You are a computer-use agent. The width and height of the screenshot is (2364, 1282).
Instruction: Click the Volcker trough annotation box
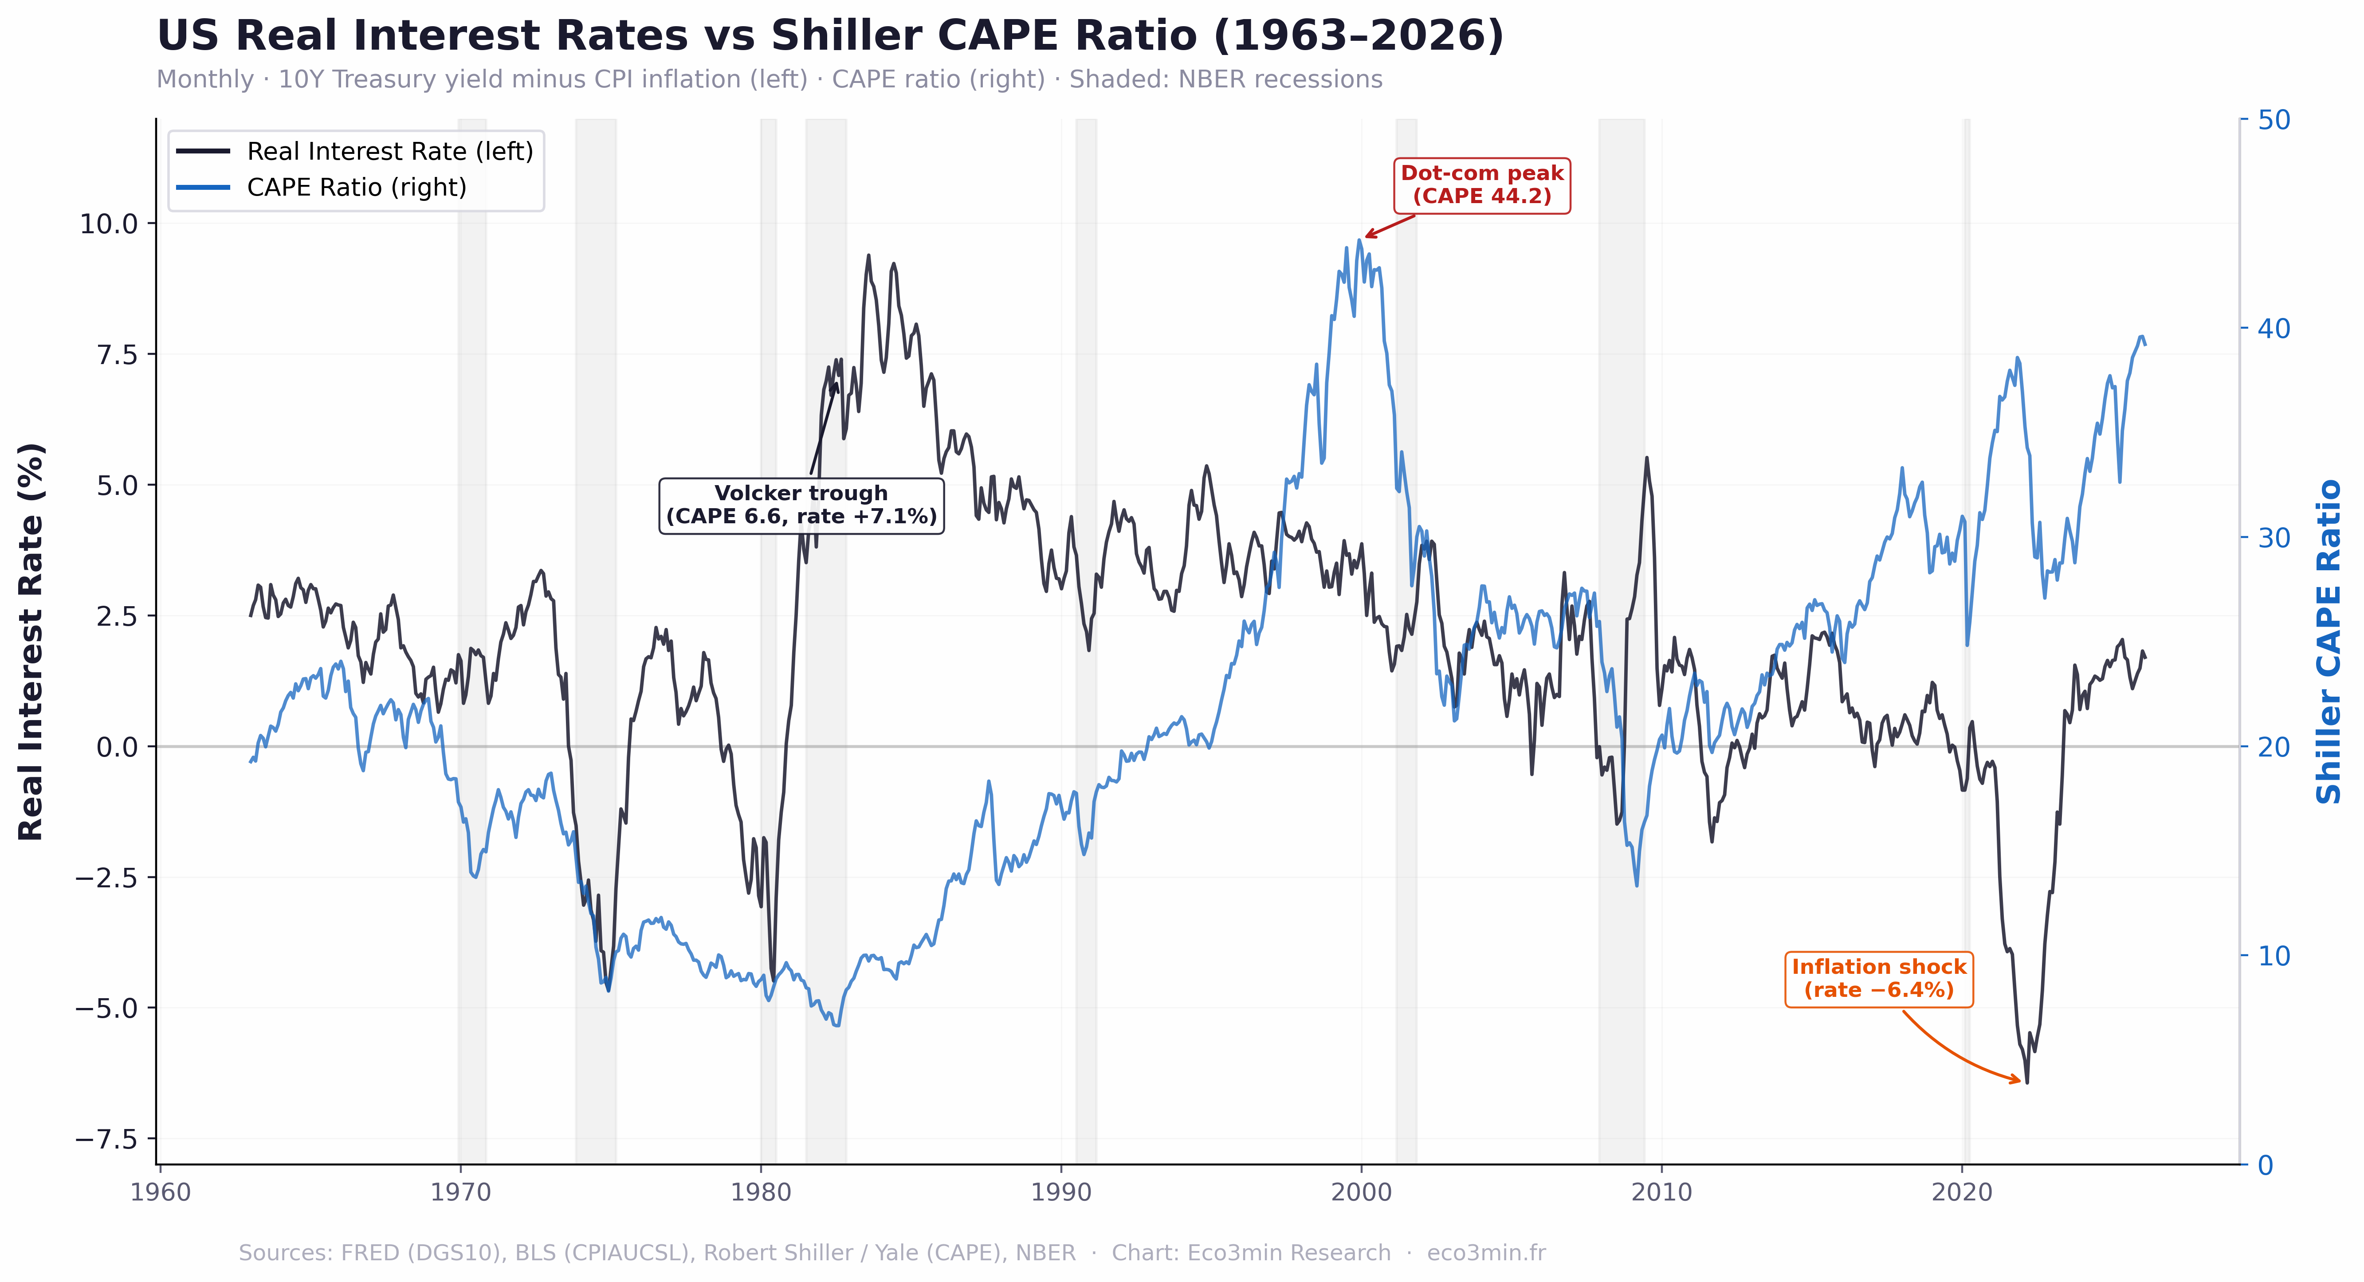click(x=801, y=505)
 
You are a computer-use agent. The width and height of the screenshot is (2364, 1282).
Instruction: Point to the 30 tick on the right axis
click(x=2274, y=538)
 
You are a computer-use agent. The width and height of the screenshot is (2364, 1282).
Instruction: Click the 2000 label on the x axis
click(x=1361, y=1193)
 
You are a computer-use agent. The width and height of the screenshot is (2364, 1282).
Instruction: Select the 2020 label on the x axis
click(x=1962, y=1193)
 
